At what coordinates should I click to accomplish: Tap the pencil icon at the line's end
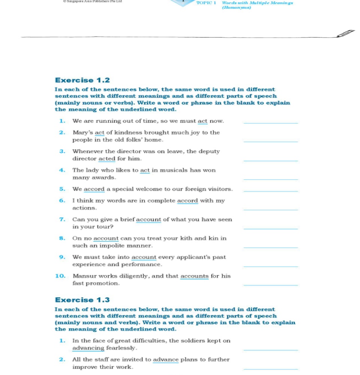(346, 33)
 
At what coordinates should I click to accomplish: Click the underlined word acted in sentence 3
(107, 159)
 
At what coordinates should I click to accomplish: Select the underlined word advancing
(88, 348)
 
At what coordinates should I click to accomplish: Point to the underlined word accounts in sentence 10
(194, 276)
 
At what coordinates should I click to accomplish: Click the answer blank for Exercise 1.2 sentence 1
(270, 123)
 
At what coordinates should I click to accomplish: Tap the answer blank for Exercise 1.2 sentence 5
(270, 191)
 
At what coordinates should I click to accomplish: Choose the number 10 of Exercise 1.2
(60, 276)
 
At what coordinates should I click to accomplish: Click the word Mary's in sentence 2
(82, 132)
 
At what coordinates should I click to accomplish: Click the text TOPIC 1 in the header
(206, 3)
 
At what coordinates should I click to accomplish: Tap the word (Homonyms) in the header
(236, 7)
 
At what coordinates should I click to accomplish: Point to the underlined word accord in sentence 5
(94, 189)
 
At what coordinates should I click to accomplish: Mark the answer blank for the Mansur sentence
(270, 285)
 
